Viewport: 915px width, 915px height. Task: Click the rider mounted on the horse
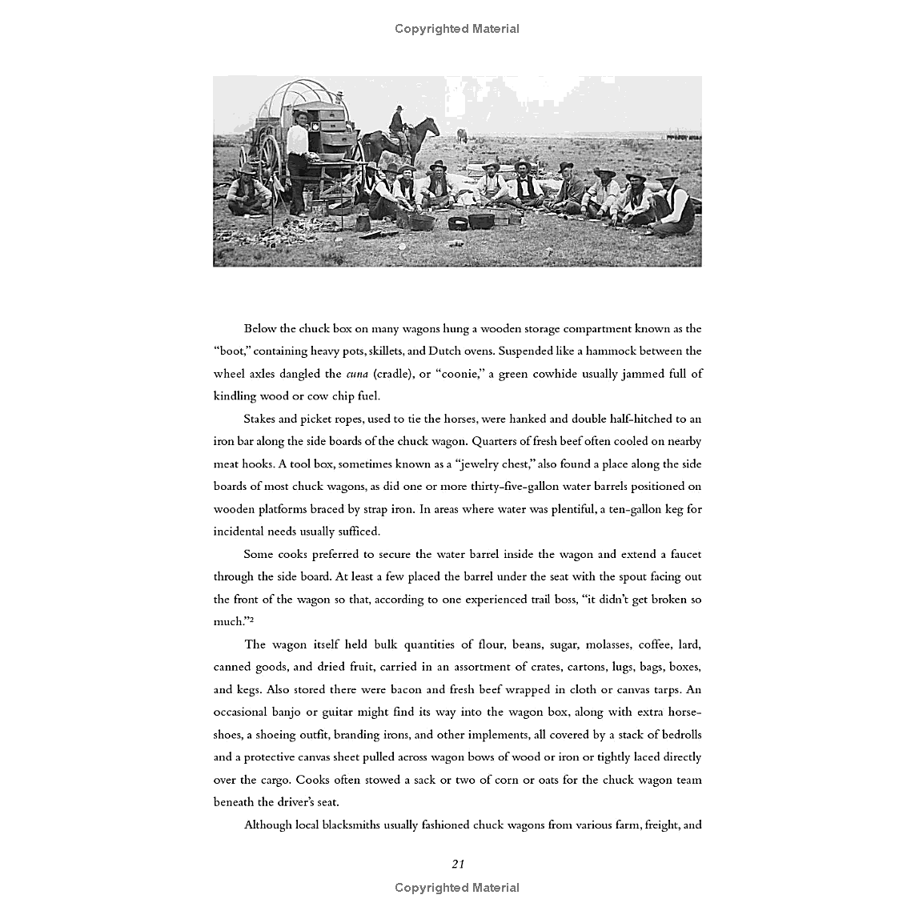(x=397, y=122)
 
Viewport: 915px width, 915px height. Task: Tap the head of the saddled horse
(x=431, y=126)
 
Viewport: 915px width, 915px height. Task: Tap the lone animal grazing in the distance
(x=460, y=134)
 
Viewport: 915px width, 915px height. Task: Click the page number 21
(x=458, y=863)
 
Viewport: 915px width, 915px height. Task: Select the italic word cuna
(x=357, y=373)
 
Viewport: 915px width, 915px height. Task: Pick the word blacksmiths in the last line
(x=347, y=825)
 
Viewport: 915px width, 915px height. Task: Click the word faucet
(x=682, y=554)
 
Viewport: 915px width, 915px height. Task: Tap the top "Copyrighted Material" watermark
(x=457, y=29)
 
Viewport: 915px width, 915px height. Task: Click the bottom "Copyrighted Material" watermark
(x=457, y=887)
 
